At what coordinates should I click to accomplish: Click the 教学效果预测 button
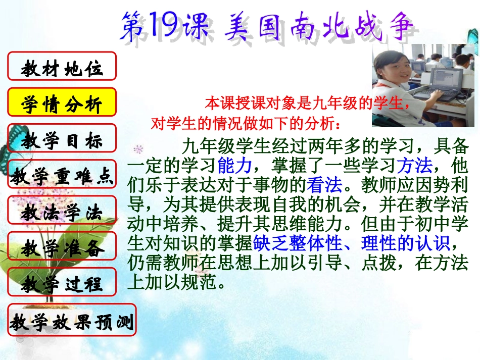(72, 320)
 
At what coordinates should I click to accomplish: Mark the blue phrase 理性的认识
(405, 244)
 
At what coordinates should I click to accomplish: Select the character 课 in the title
(194, 26)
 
